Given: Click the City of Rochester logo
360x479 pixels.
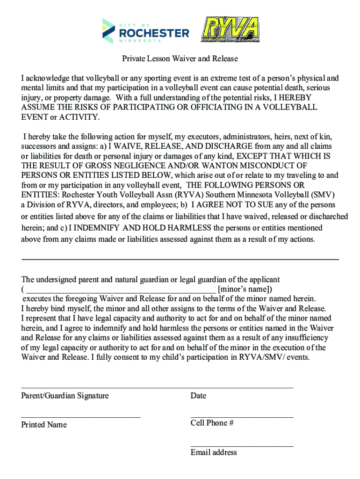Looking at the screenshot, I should [146, 31].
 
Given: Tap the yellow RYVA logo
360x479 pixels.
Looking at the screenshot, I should [230, 29].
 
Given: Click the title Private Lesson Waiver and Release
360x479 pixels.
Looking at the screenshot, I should [180, 59].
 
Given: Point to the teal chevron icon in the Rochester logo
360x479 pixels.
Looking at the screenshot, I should [108, 31].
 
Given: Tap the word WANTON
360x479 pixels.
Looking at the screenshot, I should [214, 166].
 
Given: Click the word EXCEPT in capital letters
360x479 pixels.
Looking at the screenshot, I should [254, 156].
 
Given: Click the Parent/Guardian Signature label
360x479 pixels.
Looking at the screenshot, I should [65, 396].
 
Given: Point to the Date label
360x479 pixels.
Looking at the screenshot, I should [198, 396].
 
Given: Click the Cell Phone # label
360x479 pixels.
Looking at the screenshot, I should [212, 423].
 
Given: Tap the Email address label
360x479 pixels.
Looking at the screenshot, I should [214, 452].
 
